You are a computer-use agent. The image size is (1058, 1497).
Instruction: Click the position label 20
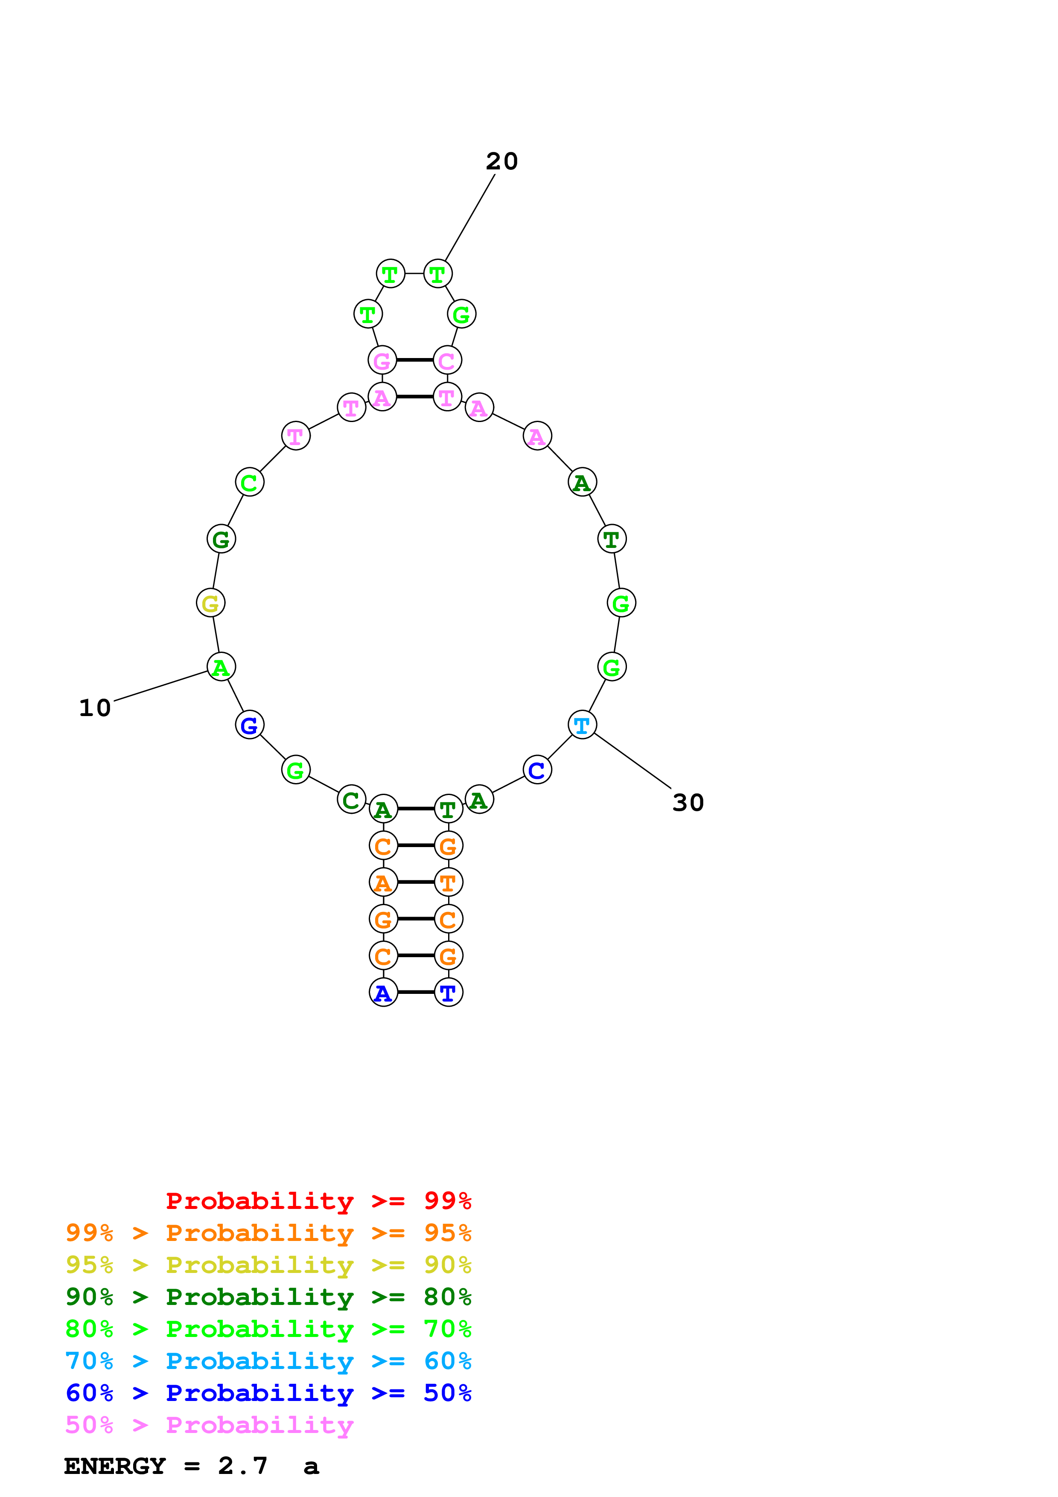pyautogui.click(x=501, y=161)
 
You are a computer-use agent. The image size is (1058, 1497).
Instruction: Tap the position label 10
pyautogui.click(x=95, y=708)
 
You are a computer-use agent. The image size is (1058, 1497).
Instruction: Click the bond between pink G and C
pyautogui.click(x=414, y=360)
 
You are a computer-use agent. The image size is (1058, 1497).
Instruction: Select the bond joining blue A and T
pyautogui.click(x=416, y=992)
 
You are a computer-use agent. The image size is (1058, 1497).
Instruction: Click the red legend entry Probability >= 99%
pyautogui.click(x=318, y=1200)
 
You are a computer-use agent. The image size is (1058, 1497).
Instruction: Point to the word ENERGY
pyautogui.click(x=115, y=1466)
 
